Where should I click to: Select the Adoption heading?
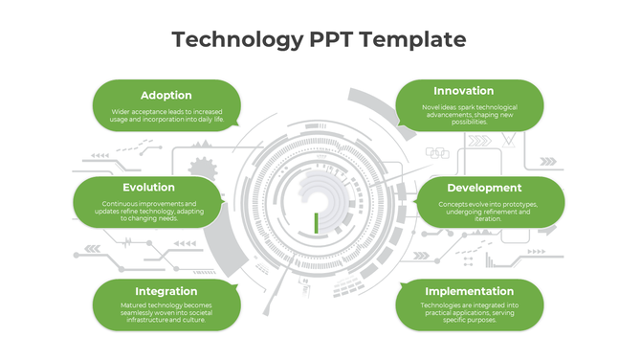(x=166, y=95)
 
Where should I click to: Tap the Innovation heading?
(x=470, y=91)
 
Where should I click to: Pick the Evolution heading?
(x=148, y=188)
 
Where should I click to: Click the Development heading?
(x=484, y=188)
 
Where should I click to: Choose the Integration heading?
(x=166, y=291)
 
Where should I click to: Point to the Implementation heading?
(x=469, y=291)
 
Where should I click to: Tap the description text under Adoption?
(x=166, y=116)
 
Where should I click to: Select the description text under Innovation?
(x=470, y=114)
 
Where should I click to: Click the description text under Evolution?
(x=148, y=212)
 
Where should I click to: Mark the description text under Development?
(x=488, y=212)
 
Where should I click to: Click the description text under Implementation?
(x=469, y=312)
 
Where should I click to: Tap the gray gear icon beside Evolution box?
(x=202, y=169)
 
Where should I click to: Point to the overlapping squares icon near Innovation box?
(x=437, y=152)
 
